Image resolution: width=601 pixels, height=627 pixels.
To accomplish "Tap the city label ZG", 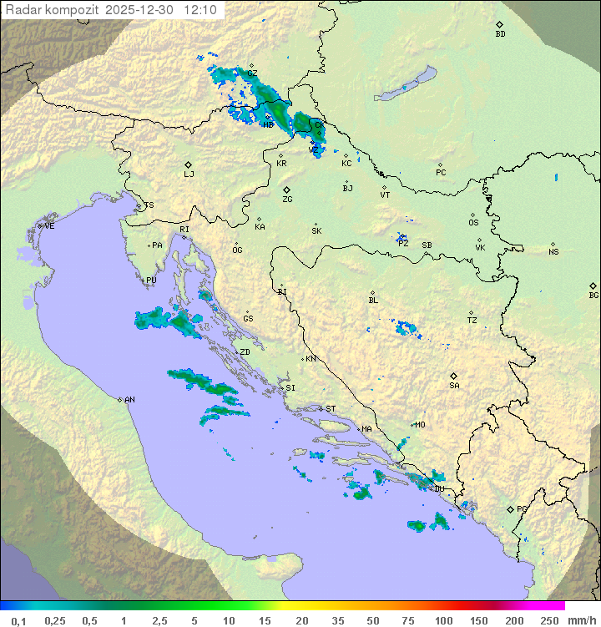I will pos(287,200).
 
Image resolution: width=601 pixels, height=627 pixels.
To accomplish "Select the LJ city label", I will pos(189,174).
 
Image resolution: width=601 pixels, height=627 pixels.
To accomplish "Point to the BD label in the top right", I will pos(500,33).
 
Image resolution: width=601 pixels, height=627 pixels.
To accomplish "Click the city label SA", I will pos(454,385).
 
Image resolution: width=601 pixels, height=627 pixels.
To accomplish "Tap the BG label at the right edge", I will pos(593,295).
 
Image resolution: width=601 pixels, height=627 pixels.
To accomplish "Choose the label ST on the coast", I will pos(331,408).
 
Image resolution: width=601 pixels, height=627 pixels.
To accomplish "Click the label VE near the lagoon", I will pos(49,226).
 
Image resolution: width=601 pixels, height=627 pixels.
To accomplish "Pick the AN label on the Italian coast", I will pos(129,400).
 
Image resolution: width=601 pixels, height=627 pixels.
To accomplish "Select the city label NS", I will pos(553,251).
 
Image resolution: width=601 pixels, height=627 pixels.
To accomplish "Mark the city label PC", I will pos(441,173).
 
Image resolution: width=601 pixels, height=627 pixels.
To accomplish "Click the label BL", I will pos(373,301).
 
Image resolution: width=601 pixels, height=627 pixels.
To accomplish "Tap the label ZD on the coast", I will pos(245,352).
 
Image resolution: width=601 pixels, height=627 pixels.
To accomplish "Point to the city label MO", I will pos(420,424).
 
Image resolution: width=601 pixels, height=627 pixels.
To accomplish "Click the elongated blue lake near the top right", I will pos(406,84).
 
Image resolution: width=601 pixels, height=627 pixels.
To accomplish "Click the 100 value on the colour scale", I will pos(443,620).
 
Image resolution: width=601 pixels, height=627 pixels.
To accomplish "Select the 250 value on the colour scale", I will pos(548,620).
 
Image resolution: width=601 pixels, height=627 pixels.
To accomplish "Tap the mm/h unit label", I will pos(581,620).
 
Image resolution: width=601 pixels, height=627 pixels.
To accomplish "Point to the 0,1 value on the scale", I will pos(18,620).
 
